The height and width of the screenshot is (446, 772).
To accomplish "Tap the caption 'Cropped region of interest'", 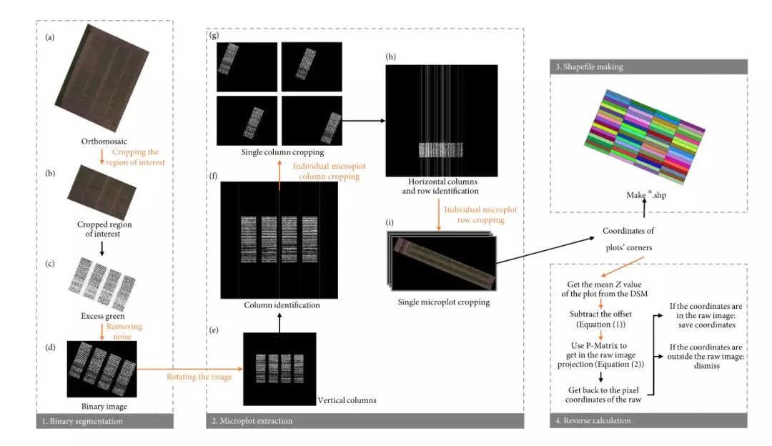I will [x=104, y=229].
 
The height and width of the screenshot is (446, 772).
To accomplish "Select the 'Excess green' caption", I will [x=104, y=315].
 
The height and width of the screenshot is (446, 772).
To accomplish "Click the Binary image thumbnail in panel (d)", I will [x=102, y=368].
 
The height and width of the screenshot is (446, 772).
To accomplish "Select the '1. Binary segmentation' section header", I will [x=79, y=421].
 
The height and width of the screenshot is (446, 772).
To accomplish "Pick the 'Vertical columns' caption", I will [x=346, y=400].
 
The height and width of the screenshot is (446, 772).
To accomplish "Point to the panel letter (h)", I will [x=390, y=56].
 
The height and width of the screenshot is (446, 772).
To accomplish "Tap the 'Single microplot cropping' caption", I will [x=445, y=302].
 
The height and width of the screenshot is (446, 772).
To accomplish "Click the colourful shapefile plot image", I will [x=640, y=131].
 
